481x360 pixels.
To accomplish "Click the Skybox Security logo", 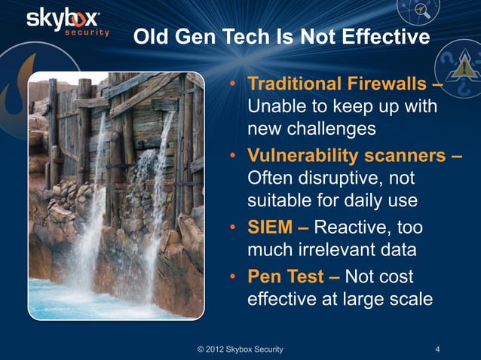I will [x=69, y=22].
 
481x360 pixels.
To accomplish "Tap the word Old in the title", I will [x=150, y=37].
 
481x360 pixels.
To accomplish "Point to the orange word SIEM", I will [x=271, y=227].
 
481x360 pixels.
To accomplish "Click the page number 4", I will [x=438, y=349].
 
